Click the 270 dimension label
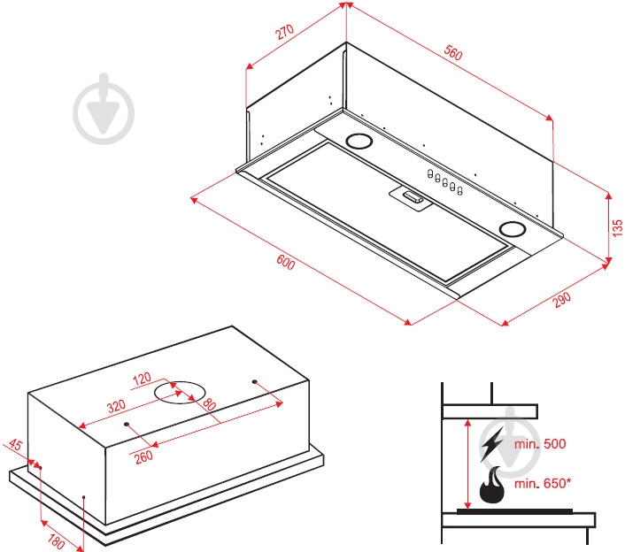[285, 32]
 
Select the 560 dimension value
[453, 53]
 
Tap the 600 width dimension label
[285, 262]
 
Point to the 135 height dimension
[617, 228]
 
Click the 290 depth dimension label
[561, 300]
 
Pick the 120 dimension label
[142, 379]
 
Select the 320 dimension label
[116, 406]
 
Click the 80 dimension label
[209, 404]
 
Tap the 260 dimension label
[143, 456]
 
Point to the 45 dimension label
[15, 444]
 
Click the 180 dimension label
[56, 541]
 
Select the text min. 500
[540, 444]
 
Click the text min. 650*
[543, 484]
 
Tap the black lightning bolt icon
[492, 444]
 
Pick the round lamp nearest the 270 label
[359, 141]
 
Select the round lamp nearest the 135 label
[513, 229]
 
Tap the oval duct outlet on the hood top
[180, 392]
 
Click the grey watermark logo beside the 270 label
[104, 108]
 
